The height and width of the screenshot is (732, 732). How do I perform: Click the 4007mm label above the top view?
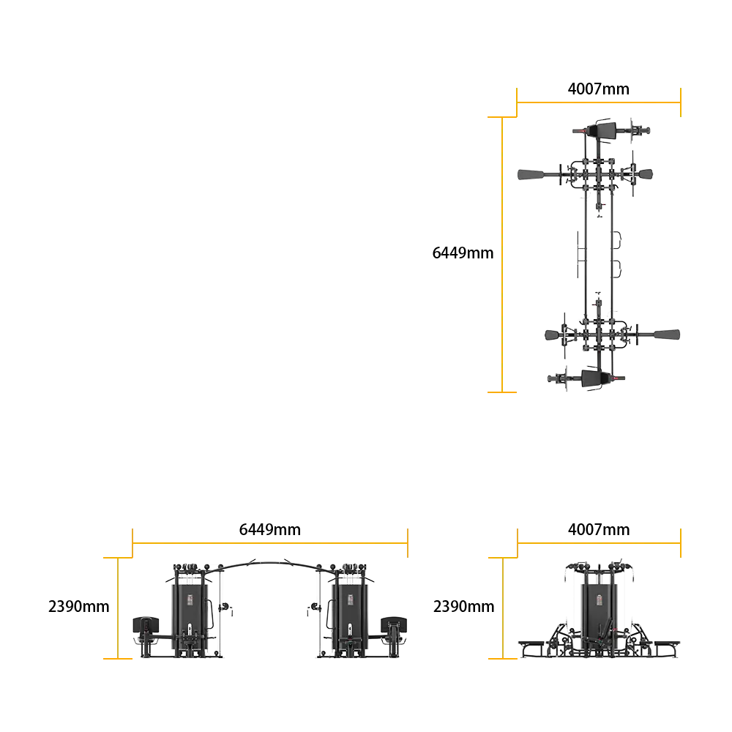pos(599,89)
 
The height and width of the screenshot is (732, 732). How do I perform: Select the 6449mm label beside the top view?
pos(463,253)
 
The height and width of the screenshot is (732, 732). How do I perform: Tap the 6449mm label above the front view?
pos(270,529)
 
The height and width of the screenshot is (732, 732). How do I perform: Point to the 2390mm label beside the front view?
pos(79,606)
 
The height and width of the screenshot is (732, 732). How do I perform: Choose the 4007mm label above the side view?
pos(599,529)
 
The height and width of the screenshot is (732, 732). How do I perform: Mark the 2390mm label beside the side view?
pos(463,606)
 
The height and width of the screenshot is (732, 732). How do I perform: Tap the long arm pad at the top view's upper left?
pos(531,175)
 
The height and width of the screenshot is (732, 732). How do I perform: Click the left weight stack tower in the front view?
pos(190,616)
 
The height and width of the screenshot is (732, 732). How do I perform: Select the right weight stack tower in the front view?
pos(350,616)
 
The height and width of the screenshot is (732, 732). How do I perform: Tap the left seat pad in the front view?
pos(146,624)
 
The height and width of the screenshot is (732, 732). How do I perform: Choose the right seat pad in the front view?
pos(394,624)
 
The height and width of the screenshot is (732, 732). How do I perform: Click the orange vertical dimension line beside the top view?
pos(502,255)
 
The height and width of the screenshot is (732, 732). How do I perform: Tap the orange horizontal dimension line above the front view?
pos(270,543)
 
